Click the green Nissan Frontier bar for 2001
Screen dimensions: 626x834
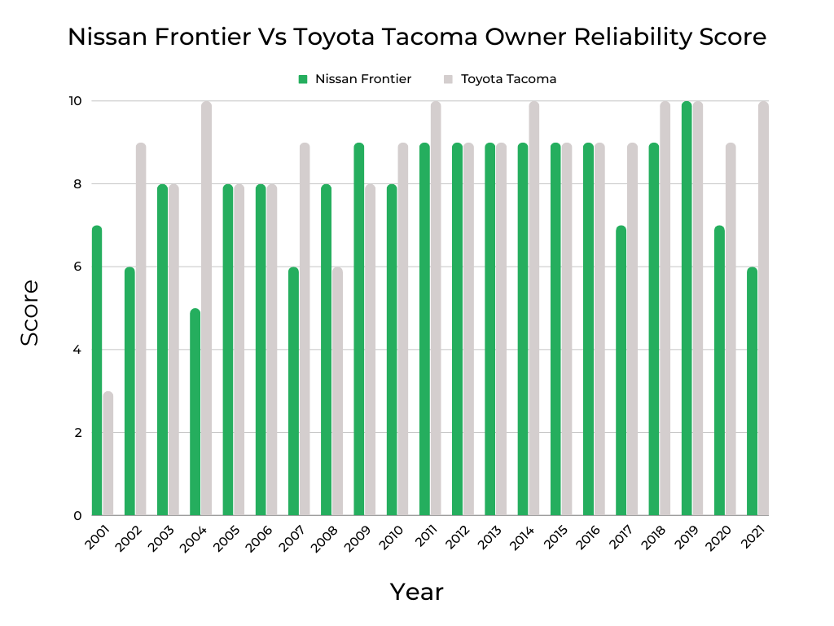[97, 371]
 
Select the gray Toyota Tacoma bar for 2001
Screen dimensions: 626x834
[108, 453]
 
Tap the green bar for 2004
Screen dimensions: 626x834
[195, 412]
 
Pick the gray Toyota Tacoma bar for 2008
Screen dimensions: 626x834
[337, 391]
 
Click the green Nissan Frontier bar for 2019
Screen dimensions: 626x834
[686, 308]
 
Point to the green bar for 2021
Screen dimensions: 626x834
[752, 391]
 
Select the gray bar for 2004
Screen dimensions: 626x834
[206, 308]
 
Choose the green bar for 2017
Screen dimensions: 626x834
[621, 371]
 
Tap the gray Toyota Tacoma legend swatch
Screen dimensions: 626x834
[448, 79]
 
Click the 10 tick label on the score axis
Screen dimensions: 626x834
[75, 101]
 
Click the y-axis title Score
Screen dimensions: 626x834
[30, 312]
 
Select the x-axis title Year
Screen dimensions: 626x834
[416, 592]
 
